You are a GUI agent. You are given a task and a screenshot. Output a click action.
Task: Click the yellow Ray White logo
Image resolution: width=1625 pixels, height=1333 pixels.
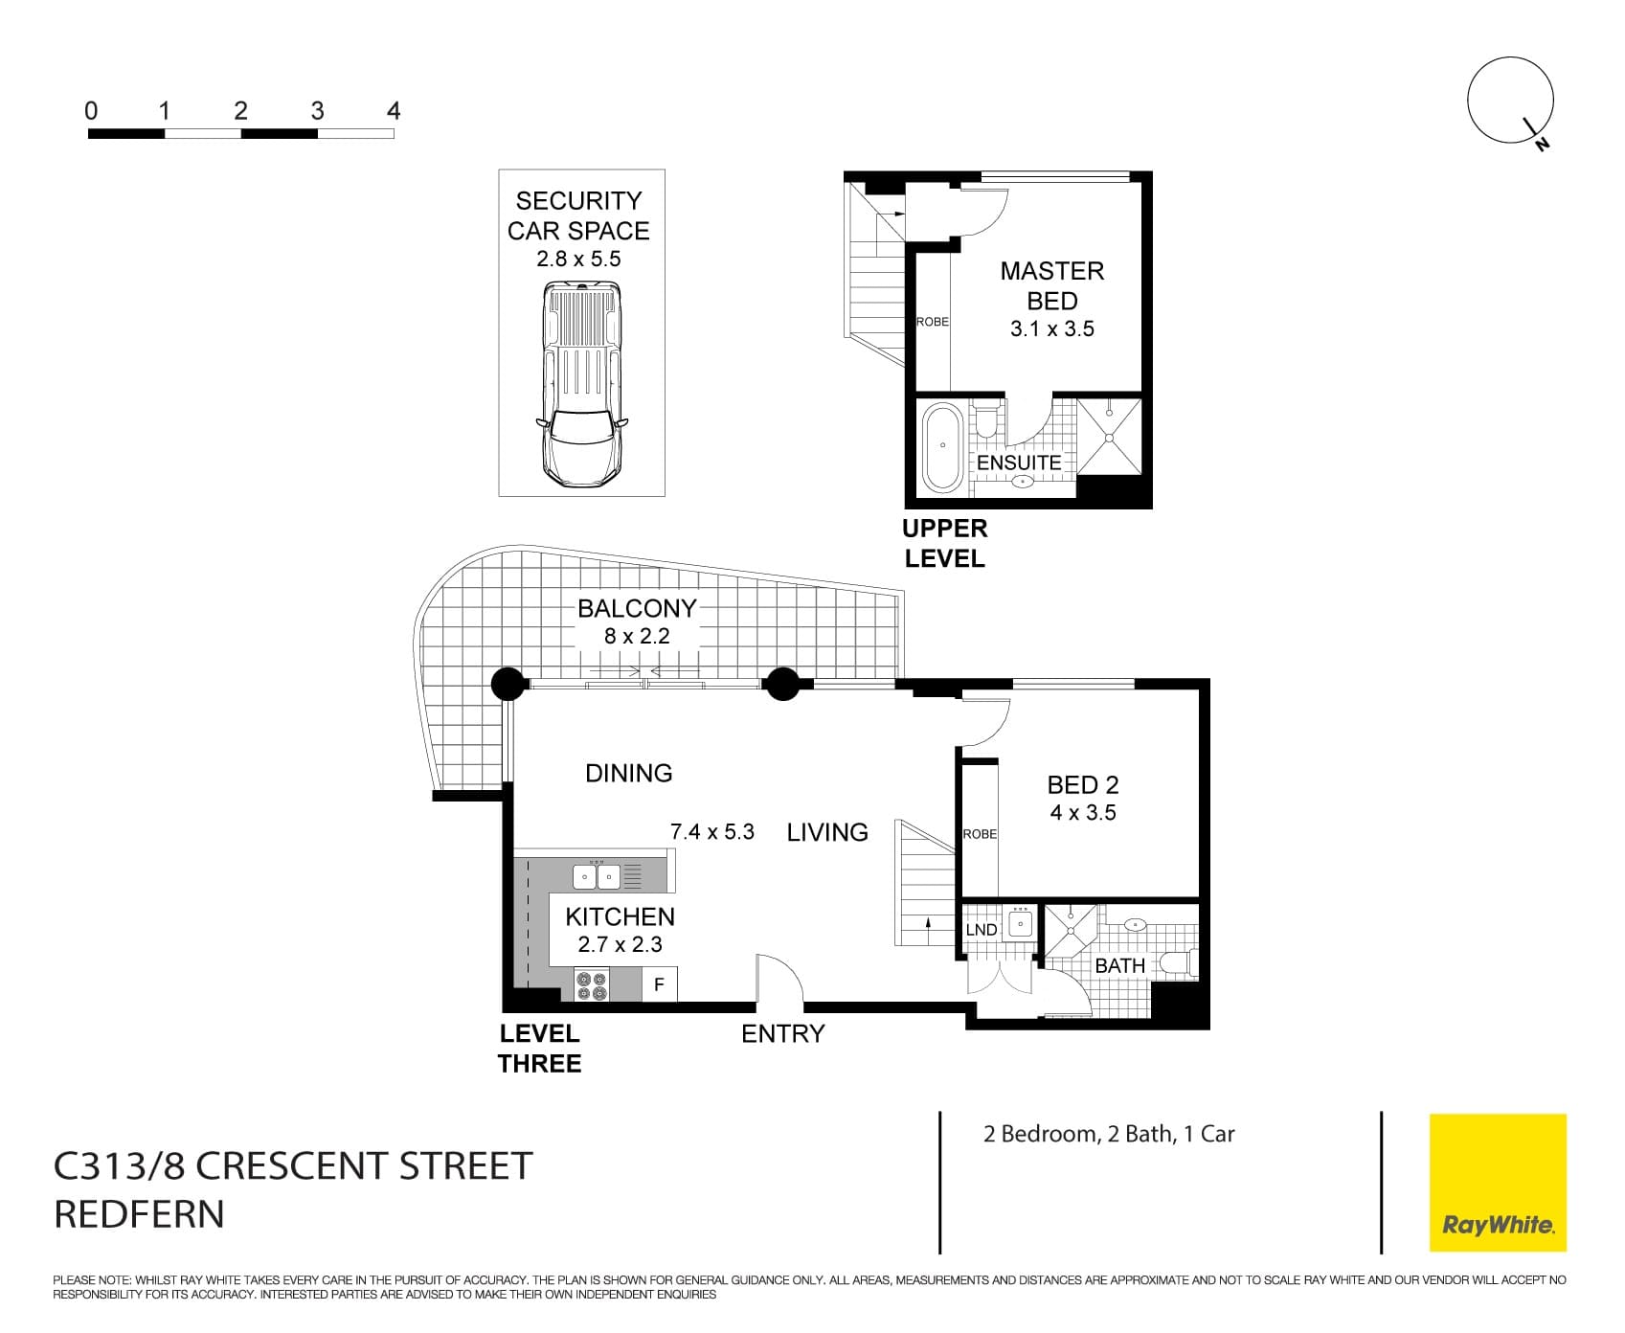coord(1498,1182)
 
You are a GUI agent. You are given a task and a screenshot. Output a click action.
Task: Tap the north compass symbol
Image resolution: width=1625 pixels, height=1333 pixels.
coord(1510,102)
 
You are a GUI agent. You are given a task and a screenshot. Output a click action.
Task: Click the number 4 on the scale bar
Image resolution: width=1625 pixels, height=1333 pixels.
coord(393,111)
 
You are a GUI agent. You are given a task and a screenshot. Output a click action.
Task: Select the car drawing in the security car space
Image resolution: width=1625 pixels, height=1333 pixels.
coord(581,382)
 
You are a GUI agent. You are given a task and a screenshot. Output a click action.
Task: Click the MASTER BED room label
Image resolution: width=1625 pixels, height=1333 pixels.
coord(1051,285)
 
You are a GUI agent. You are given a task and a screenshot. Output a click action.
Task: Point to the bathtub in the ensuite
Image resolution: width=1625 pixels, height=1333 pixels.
coord(942,446)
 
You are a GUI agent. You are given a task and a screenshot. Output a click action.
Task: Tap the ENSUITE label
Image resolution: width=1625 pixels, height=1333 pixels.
coord(1019,463)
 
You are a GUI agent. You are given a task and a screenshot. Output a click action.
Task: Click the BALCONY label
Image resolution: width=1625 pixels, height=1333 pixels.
coord(637,609)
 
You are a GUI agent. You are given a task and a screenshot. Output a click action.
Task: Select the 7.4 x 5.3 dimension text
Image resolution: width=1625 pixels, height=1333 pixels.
coord(712,832)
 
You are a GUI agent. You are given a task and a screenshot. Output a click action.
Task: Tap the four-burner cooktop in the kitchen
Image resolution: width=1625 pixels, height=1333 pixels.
coord(592,985)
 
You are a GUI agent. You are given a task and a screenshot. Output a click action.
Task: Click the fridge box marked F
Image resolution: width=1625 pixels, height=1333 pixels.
coord(659,984)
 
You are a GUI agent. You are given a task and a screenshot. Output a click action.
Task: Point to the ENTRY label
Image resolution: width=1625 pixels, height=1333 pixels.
coord(782,1034)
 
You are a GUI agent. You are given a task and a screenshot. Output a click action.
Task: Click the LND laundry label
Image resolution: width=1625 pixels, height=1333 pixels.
coord(981,930)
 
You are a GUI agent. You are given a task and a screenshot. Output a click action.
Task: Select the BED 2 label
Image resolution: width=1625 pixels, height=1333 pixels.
coord(1082,785)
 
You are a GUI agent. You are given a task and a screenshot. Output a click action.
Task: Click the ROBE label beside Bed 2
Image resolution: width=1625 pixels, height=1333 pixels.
coord(980,834)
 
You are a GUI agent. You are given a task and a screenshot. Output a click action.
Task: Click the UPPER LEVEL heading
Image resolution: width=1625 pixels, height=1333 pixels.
coord(944,544)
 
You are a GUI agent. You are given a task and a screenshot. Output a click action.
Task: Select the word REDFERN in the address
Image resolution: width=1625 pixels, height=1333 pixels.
coord(139,1214)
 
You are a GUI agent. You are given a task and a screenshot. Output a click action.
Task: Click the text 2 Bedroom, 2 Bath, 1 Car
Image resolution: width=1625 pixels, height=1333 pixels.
coord(1109,1134)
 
